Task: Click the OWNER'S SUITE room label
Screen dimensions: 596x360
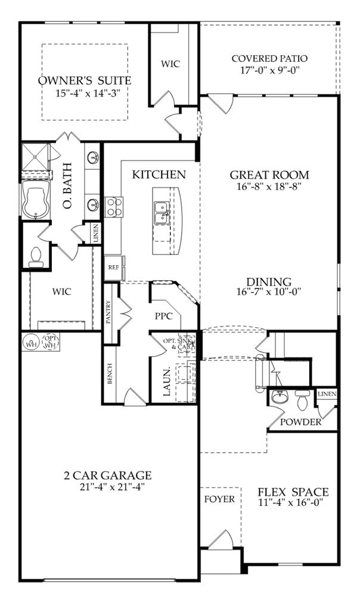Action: coord(84,80)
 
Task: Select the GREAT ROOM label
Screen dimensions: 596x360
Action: coord(269,175)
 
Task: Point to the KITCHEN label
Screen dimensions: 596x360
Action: coord(159,175)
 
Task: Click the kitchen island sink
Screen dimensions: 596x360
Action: coord(161,212)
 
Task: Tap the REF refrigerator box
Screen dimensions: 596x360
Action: coord(113,268)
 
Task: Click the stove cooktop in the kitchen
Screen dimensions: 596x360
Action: coord(114,207)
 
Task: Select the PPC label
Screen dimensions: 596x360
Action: coord(163,316)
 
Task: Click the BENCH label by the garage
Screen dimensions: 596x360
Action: coord(110,373)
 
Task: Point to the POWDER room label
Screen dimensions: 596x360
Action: coord(302,422)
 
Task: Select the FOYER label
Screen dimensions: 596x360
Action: coord(220,499)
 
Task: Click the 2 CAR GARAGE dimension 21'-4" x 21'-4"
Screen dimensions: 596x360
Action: coord(108,486)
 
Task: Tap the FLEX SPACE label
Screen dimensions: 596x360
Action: coord(293,492)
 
